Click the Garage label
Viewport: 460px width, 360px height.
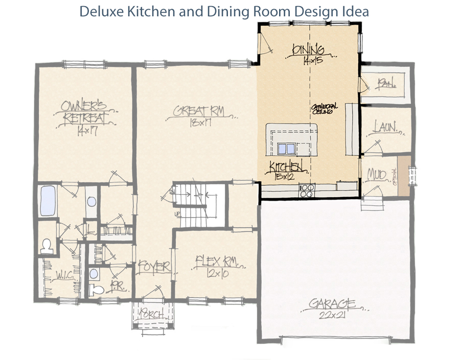(x=332, y=304)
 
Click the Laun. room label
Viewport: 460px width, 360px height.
(x=385, y=127)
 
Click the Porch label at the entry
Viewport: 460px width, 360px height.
(x=151, y=315)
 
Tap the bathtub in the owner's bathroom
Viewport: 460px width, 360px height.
(x=47, y=201)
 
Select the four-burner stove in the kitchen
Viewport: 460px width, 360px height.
(x=306, y=191)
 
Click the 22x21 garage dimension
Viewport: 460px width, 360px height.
(x=332, y=317)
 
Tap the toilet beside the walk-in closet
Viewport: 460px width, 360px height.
(x=47, y=246)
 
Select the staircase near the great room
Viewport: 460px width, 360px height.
(x=197, y=204)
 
